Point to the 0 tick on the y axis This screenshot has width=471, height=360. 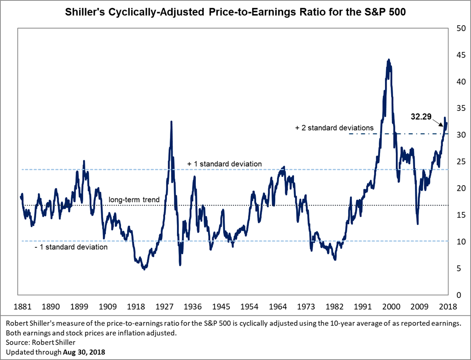[457, 295]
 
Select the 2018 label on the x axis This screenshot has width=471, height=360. [447, 307]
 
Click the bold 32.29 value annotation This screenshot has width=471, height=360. [422, 117]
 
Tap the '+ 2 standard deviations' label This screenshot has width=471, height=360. [334, 128]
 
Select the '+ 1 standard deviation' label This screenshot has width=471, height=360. [225, 164]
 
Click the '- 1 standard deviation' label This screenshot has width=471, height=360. [71, 247]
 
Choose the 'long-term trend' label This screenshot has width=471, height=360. [134, 200]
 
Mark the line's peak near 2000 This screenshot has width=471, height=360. [389, 59]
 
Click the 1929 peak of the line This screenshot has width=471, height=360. [171, 121]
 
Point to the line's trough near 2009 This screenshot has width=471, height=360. [418, 224]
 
